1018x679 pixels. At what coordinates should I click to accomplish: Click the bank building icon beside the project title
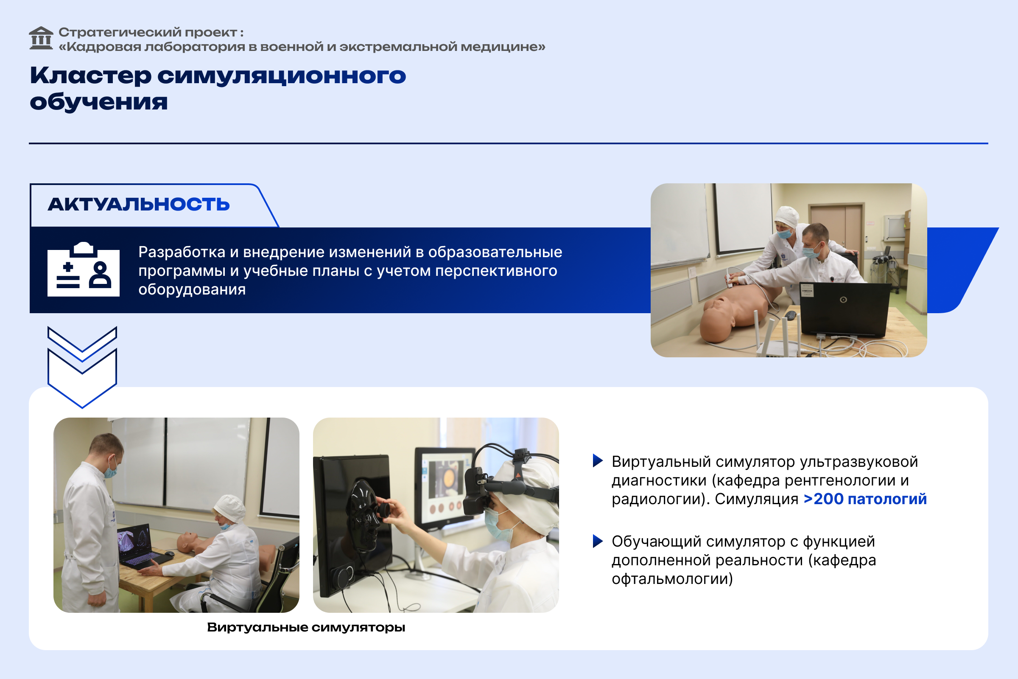click(41, 38)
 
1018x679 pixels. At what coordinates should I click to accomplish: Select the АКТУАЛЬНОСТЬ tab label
click(139, 205)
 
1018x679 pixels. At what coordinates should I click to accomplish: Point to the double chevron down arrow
click(82, 367)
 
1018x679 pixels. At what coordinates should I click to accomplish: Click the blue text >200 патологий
click(865, 499)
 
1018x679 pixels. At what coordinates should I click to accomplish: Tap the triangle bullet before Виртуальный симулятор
click(598, 461)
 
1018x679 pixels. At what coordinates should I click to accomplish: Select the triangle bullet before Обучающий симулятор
click(598, 541)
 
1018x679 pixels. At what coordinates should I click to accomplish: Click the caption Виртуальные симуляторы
click(306, 627)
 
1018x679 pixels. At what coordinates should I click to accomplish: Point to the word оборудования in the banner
click(192, 289)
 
